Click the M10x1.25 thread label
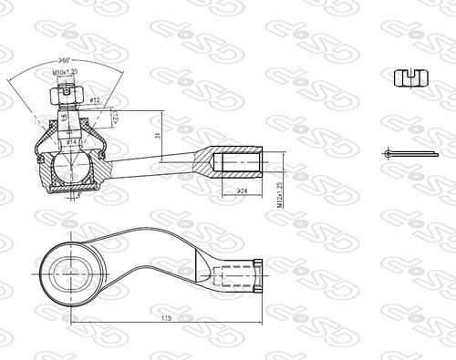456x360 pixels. pos(65,71)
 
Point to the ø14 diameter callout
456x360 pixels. pos(72,143)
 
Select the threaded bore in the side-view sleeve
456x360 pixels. pos(241,165)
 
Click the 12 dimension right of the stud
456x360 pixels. pos(116,118)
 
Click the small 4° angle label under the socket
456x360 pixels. pos(79,194)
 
